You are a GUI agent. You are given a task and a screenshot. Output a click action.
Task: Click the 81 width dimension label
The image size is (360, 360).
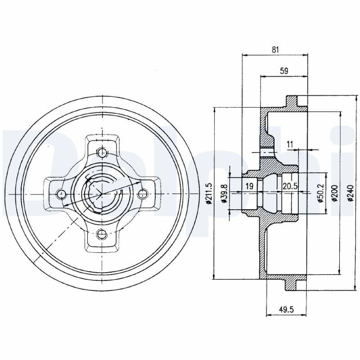click(x=275, y=50)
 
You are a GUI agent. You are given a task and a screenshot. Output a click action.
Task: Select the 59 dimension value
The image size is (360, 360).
click(x=283, y=71)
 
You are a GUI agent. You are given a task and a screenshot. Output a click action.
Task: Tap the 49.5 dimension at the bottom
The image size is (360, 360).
click(x=283, y=309)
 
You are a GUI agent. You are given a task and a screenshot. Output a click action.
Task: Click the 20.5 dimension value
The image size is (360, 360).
click(x=290, y=186)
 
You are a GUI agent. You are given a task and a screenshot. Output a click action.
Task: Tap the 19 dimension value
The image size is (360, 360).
click(x=249, y=186)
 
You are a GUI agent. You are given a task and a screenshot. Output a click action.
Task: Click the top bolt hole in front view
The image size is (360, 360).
click(x=103, y=152)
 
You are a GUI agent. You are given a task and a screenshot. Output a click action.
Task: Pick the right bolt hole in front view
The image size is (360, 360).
click(x=143, y=193)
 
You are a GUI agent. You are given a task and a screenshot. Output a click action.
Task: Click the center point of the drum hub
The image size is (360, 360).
click(x=103, y=193)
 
